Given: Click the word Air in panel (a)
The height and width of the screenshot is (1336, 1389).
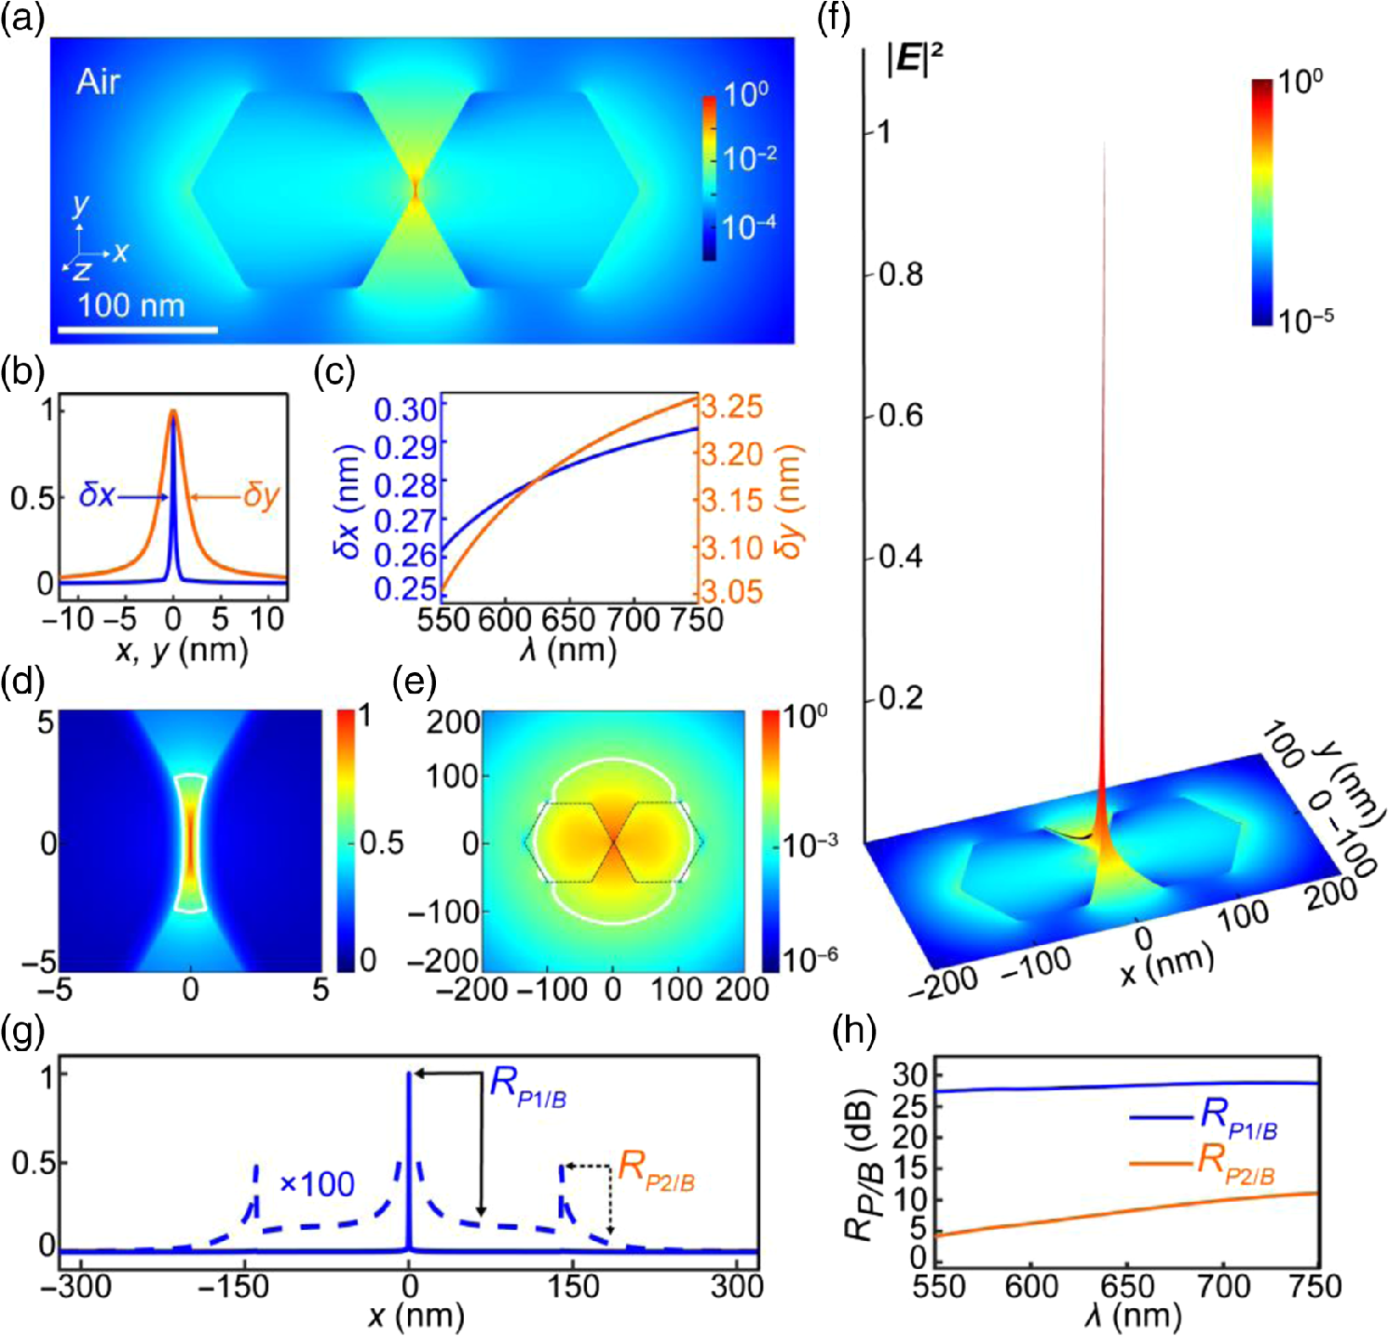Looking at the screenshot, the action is tap(98, 82).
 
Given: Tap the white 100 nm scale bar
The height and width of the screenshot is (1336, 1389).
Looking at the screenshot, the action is tap(138, 329).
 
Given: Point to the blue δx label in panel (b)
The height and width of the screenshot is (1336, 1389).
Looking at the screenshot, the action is tap(97, 494).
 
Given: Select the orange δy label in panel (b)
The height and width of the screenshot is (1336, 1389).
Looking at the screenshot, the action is tap(262, 495).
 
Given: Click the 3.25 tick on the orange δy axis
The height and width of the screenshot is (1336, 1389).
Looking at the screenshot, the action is tap(732, 407).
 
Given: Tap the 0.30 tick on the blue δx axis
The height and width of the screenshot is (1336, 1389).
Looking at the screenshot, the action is tap(405, 410).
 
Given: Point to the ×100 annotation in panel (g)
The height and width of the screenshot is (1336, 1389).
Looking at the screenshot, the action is tap(317, 1184).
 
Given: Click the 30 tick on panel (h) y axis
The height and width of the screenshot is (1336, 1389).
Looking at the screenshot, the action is tap(910, 1076).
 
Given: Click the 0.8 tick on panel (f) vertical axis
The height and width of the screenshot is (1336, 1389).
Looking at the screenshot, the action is tap(901, 275).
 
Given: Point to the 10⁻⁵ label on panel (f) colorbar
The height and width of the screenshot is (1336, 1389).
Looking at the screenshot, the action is tap(1306, 319).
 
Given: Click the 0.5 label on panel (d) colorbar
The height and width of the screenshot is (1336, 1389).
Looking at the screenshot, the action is tap(382, 843).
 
